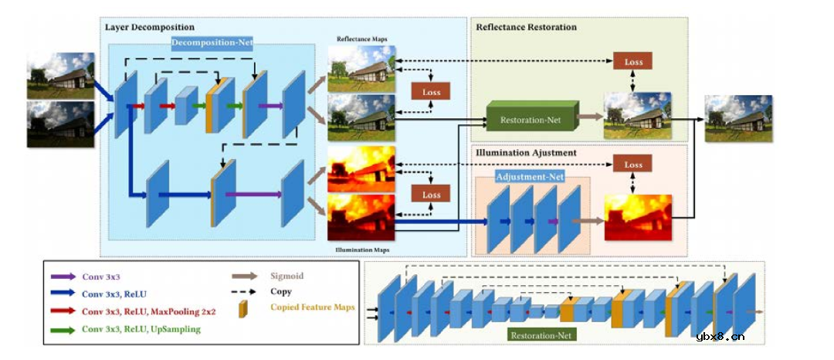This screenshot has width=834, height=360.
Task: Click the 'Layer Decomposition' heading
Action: (150, 27)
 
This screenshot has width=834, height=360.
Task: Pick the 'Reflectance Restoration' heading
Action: (526, 27)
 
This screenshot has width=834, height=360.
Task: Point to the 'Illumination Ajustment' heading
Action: (525, 152)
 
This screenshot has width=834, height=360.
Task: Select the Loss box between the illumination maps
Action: (431, 195)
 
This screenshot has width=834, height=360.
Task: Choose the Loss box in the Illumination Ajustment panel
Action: (632, 164)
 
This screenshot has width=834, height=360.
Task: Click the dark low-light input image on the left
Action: (61, 124)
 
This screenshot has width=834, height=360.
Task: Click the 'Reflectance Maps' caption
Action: (362, 39)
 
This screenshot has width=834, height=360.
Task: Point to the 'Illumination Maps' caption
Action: (362, 250)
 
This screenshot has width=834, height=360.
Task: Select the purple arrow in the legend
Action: (62, 276)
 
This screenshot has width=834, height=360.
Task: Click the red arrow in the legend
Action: (62, 312)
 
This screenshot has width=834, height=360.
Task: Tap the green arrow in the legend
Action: (62, 330)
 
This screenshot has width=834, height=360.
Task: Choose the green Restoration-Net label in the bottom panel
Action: (542, 336)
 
